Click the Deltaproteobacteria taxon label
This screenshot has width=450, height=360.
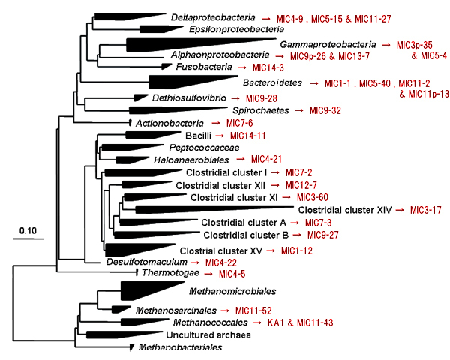pos(213,17)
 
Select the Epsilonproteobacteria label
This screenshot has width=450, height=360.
pos(236,29)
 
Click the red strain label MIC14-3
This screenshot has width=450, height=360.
pos(268,67)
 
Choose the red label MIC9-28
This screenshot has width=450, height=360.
pos(262,98)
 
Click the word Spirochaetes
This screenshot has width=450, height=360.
pos(261,110)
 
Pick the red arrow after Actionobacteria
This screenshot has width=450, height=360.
pos(216,124)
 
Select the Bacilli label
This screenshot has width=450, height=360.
pos(198,136)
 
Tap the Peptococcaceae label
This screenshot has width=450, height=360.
pos(204,148)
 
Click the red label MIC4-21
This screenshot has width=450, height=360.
pos(266,159)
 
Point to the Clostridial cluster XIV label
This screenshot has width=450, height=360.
pos(345,210)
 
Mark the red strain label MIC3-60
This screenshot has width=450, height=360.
pos(313,197)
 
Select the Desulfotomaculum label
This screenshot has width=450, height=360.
pos(147,262)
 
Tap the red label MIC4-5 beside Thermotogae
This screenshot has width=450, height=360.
pos(232,274)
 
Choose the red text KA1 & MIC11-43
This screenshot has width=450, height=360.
pos(301,322)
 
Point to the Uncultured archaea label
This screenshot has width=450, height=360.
pos(208,335)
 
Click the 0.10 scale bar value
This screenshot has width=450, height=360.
pos(28,230)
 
